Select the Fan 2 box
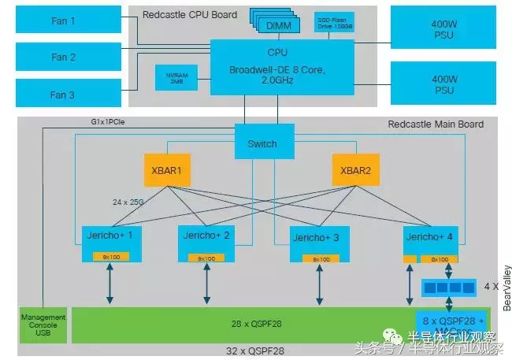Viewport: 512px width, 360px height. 63,57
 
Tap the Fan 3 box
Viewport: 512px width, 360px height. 63,95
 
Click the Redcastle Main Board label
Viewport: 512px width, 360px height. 436,124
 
